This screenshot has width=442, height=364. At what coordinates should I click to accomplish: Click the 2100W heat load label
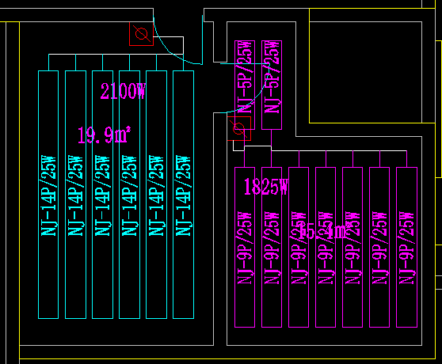(122, 92)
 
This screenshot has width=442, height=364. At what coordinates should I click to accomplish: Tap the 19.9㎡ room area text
(103, 135)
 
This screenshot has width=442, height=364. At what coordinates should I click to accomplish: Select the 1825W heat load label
(266, 188)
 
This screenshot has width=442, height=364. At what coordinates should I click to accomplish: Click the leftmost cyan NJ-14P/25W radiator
(49, 195)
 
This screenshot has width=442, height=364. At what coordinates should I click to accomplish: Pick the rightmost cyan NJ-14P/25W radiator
(184, 195)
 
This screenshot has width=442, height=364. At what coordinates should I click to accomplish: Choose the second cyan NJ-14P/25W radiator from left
(75, 195)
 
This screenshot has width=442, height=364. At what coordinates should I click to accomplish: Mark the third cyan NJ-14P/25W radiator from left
(102, 195)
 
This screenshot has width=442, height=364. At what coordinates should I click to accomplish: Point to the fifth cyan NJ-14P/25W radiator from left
(157, 195)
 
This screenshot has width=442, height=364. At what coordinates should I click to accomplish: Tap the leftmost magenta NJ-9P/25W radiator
(245, 247)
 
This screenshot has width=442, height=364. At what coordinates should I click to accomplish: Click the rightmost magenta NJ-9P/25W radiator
(406, 247)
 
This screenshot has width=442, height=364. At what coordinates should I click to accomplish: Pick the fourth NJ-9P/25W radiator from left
(326, 247)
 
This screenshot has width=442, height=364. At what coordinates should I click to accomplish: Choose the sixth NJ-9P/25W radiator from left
(379, 247)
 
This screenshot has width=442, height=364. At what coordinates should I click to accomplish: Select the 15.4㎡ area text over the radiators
(321, 232)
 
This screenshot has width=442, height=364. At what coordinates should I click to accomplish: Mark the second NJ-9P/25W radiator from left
(272, 247)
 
